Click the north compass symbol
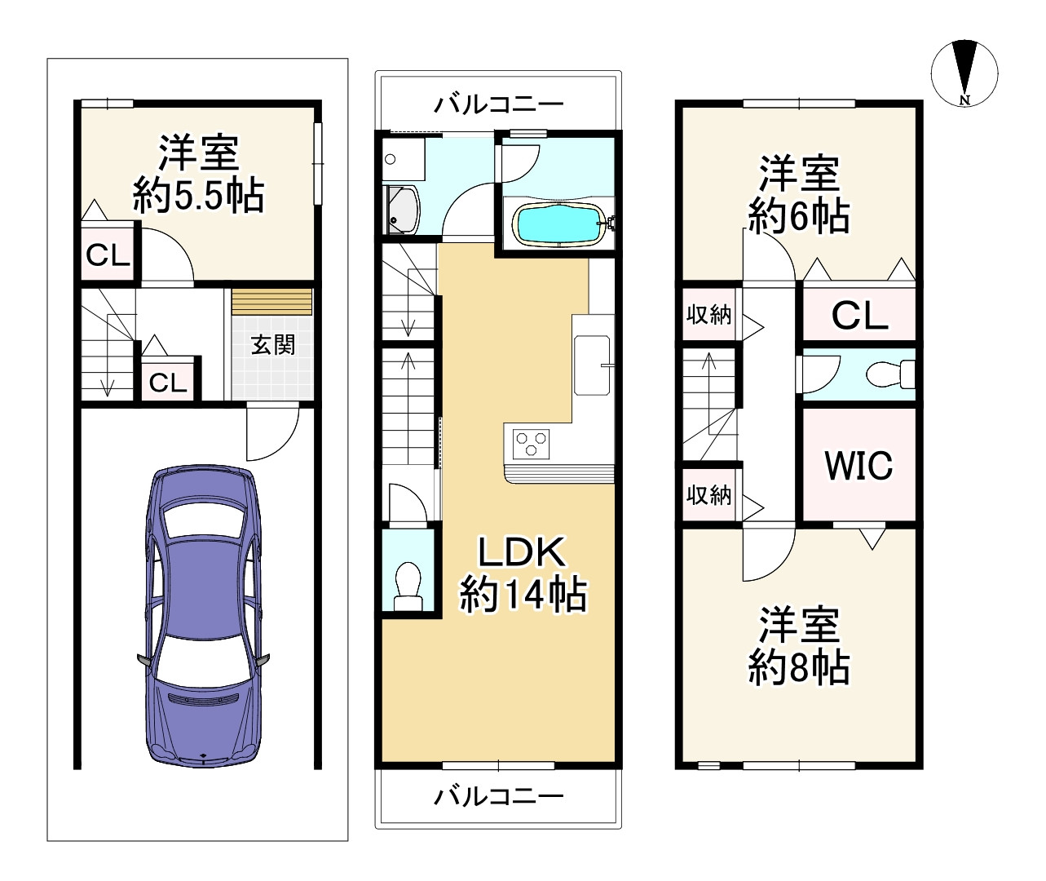tap(964, 72)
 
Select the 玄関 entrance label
tap(272, 345)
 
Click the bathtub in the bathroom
tap(559, 224)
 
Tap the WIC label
tap(858, 465)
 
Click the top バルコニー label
tap(498, 104)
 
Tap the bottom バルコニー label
tap(498, 795)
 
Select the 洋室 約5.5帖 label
tap(198, 174)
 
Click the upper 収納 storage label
tap(708, 314)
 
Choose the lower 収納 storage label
tap(708, 494)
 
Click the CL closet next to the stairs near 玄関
tap(169, 382)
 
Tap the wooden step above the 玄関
tap(271, 301)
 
